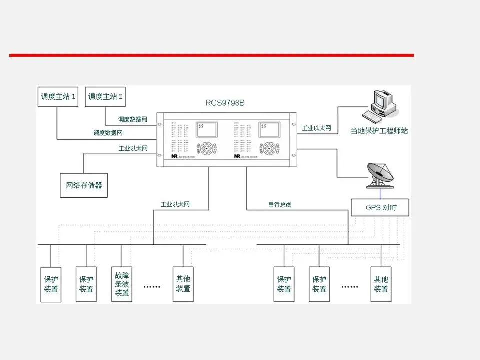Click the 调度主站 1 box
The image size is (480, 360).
pos(58,97)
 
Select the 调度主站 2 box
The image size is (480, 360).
pos(105,97)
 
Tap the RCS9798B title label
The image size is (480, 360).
pos(225,103)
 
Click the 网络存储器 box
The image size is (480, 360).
pos(84,185)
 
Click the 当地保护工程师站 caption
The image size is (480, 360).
pos(379,131)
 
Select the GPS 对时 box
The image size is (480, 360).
pos(381,207)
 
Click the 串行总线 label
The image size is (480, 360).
pos(279,204)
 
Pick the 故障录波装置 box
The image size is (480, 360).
pos(122,284)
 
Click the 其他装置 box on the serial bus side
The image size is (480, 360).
pos(381,284)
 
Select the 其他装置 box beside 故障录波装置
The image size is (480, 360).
pos(183,284)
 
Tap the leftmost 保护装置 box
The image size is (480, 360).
pos(51,284)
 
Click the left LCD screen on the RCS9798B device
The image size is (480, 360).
pos(207,130)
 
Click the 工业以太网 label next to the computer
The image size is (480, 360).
pos(316,128)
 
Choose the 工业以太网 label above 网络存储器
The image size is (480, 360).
pos(133,148)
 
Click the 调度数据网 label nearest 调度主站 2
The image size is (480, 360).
pos(132,119)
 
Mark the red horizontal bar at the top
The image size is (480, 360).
pos(211,55)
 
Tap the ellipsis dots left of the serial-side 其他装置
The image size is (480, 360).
pos(349,287)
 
